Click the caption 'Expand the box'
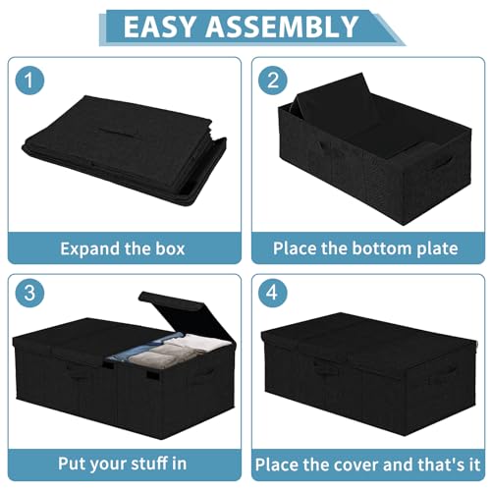(x=122, y=248)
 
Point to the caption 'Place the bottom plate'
(x=365, y=248)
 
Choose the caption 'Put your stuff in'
(x=122, y=463)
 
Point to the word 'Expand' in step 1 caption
(x=85, y=248)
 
